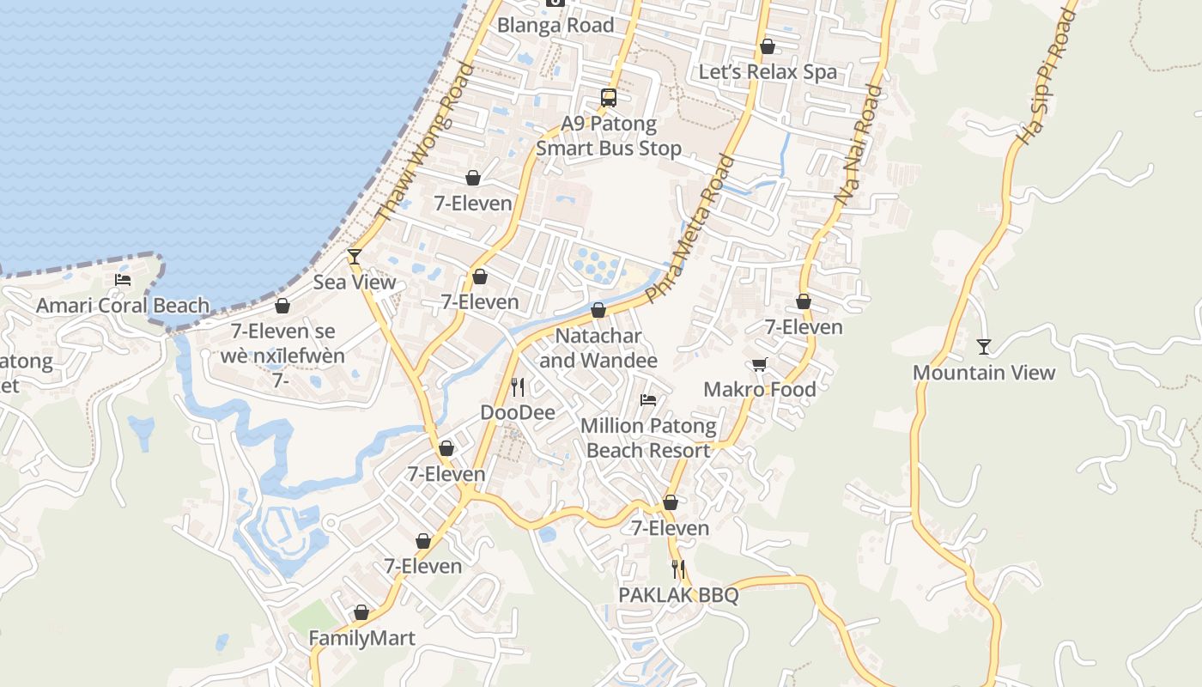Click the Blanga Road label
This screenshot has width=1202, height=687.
point(555,26)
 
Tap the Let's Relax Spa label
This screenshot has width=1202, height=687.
point(768,72)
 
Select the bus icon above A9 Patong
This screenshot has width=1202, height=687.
point(609,98)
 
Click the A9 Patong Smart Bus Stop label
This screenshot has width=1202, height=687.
point(609,137)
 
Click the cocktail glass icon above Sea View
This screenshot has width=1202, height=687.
point(354,257)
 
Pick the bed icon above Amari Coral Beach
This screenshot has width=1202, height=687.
point(123,280)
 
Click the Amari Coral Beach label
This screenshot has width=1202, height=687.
point(123,306)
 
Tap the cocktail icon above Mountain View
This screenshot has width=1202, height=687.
point(984,347)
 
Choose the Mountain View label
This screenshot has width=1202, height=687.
point(984,373)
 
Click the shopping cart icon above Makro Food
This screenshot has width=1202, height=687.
point(759,365)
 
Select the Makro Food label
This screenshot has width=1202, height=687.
point(759,390)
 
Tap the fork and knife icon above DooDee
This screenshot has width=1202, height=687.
point(517,387)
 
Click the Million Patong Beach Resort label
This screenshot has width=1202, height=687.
point(648,438)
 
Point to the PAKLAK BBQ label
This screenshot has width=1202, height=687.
point(678,595)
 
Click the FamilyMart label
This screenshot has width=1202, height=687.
point(361,639)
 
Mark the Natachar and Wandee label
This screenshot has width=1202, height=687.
point(598,348)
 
